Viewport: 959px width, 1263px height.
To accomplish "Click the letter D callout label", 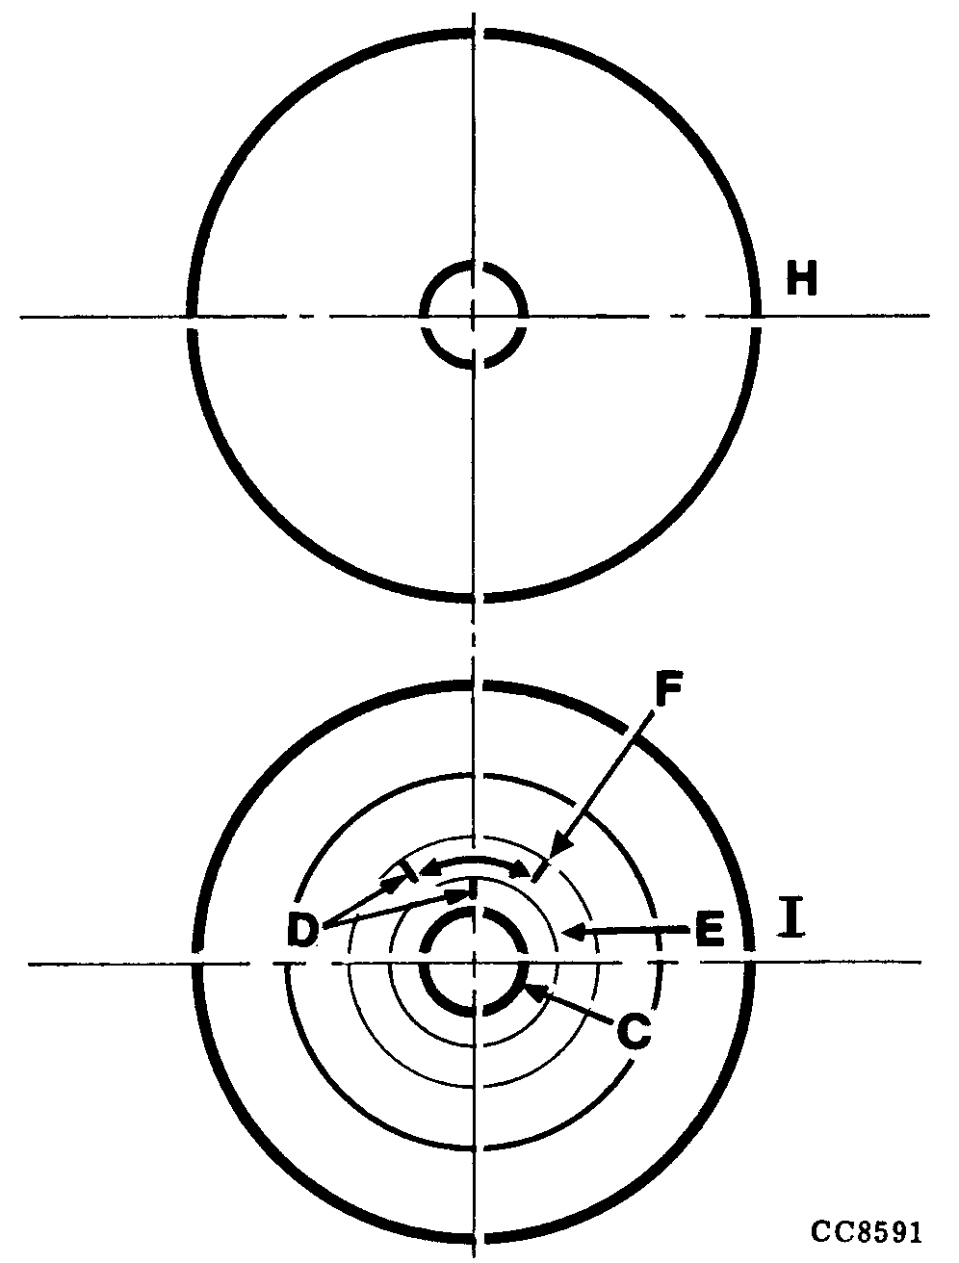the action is [303, 930].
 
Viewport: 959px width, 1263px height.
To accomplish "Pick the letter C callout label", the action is [632, 1031].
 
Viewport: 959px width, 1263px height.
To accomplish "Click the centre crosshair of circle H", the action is [474, 315].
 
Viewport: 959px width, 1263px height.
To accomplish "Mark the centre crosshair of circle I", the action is [474, 962].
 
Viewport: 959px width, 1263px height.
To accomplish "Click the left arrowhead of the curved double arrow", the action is [424, 870].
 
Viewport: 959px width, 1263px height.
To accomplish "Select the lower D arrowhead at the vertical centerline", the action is [466, 892].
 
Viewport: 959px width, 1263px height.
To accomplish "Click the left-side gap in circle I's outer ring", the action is [196, 962].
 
